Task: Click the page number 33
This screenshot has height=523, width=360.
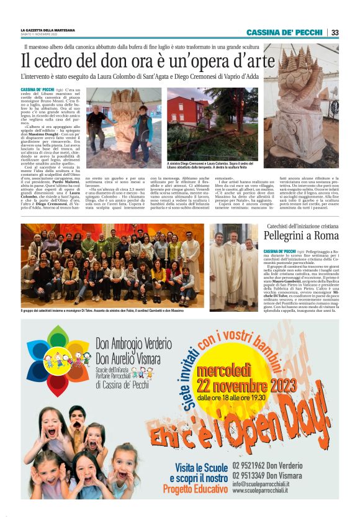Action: pyautogui.click(x=335, y=32)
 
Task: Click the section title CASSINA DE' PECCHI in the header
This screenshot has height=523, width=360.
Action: pyautogui.click(x=284, y=32)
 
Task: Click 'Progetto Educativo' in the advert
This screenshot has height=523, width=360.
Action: pyautogui.click(x=196, y=489)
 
